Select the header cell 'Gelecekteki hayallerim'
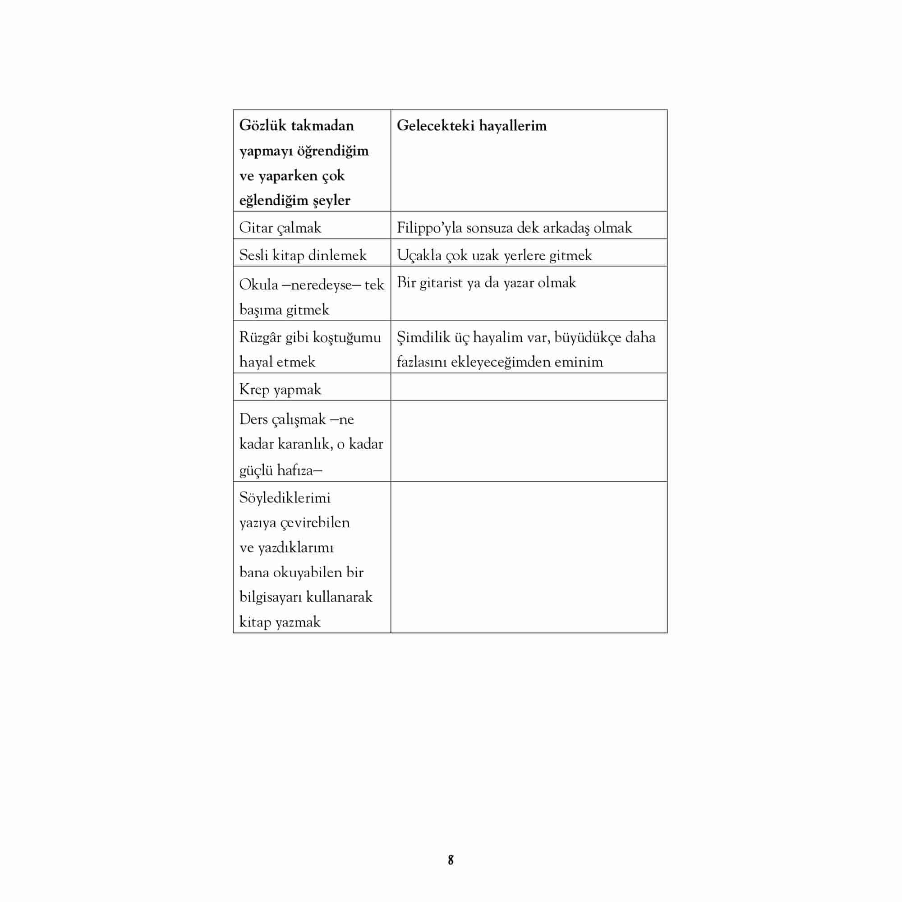(x=472, y=125)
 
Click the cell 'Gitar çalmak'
(x=280, y=228)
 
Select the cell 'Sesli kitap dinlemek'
(x=303, y=255)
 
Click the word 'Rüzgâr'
(x=260, y=337)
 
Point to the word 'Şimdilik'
(x=423, y=337)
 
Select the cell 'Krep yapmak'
(x=280, y=389)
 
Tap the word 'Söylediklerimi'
(x=285, y=498)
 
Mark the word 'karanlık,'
(x=305, y=444)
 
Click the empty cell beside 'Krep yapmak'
(x=529, y=387)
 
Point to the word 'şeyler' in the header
(x=331, y=200)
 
